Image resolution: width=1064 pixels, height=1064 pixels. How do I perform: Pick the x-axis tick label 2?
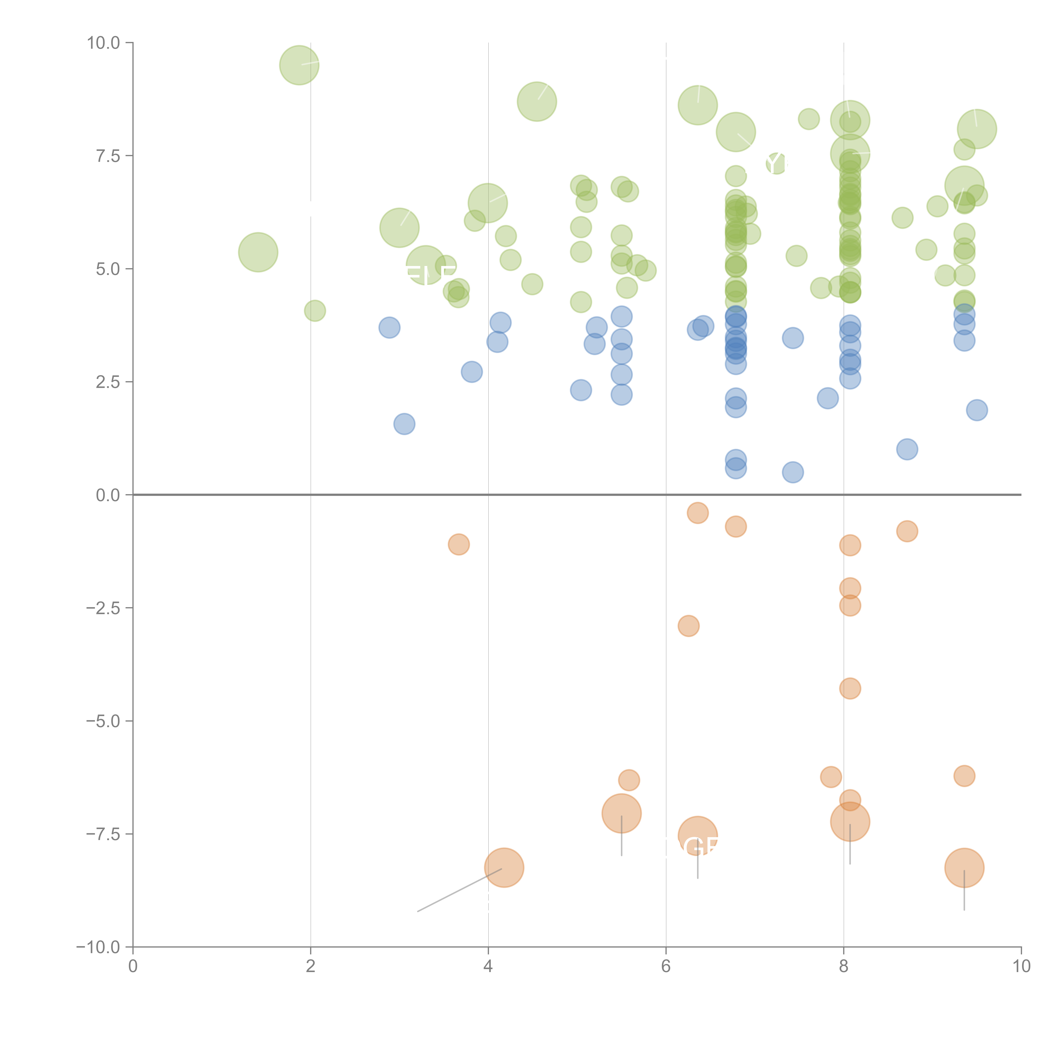(x=311, y=967)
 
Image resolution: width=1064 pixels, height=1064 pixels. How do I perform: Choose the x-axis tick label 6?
(x=666, y=967)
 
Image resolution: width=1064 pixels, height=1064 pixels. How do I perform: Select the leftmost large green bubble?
(x=258, y=252)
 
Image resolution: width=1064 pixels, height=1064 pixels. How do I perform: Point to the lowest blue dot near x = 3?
(x=404, y=424)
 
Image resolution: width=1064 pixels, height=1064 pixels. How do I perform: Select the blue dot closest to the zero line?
(x=792, y=472)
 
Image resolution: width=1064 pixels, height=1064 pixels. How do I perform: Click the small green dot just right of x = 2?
(x=315, y=311)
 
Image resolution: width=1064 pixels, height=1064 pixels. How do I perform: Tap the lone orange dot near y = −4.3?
(x=850, y=688)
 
